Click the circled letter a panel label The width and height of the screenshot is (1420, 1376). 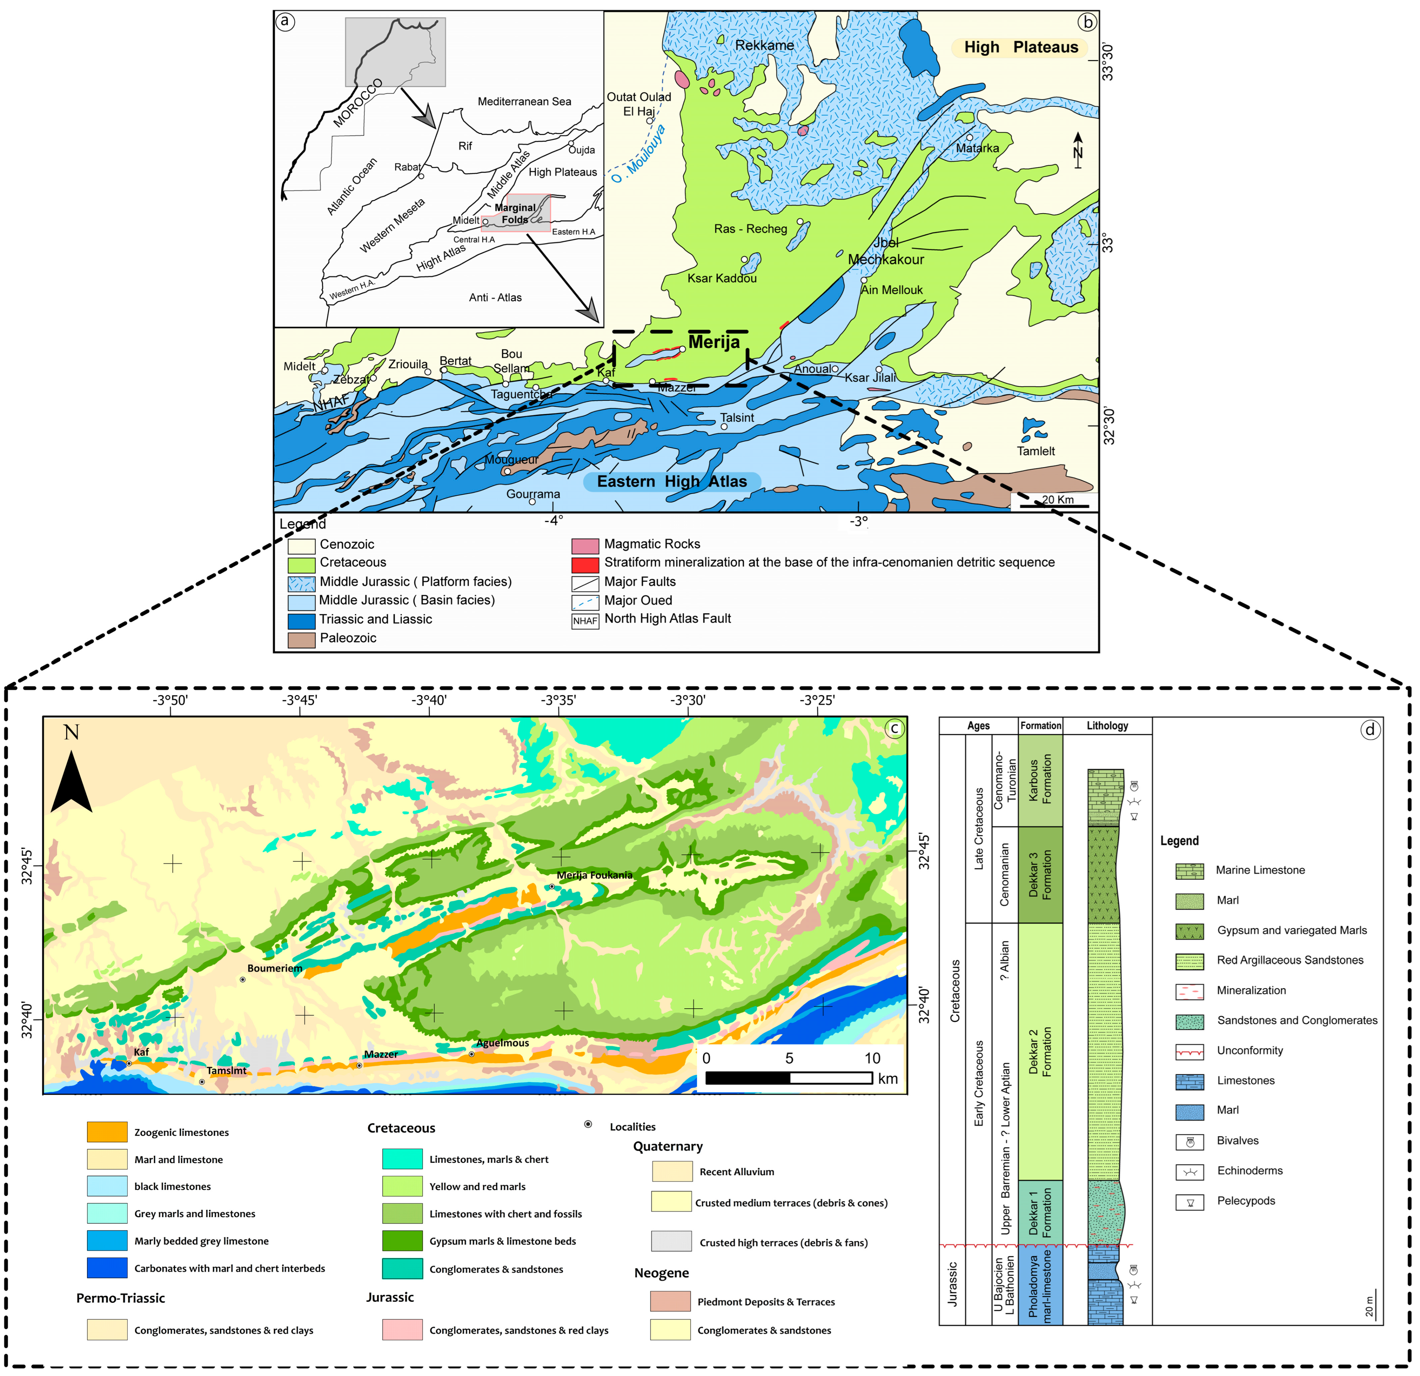[x=285, y=21]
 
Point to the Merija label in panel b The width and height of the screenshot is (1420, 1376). [x=714, y=342]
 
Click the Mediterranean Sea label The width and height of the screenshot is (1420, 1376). [x=524, y=101]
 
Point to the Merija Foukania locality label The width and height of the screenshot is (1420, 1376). [x=594, y=875]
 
